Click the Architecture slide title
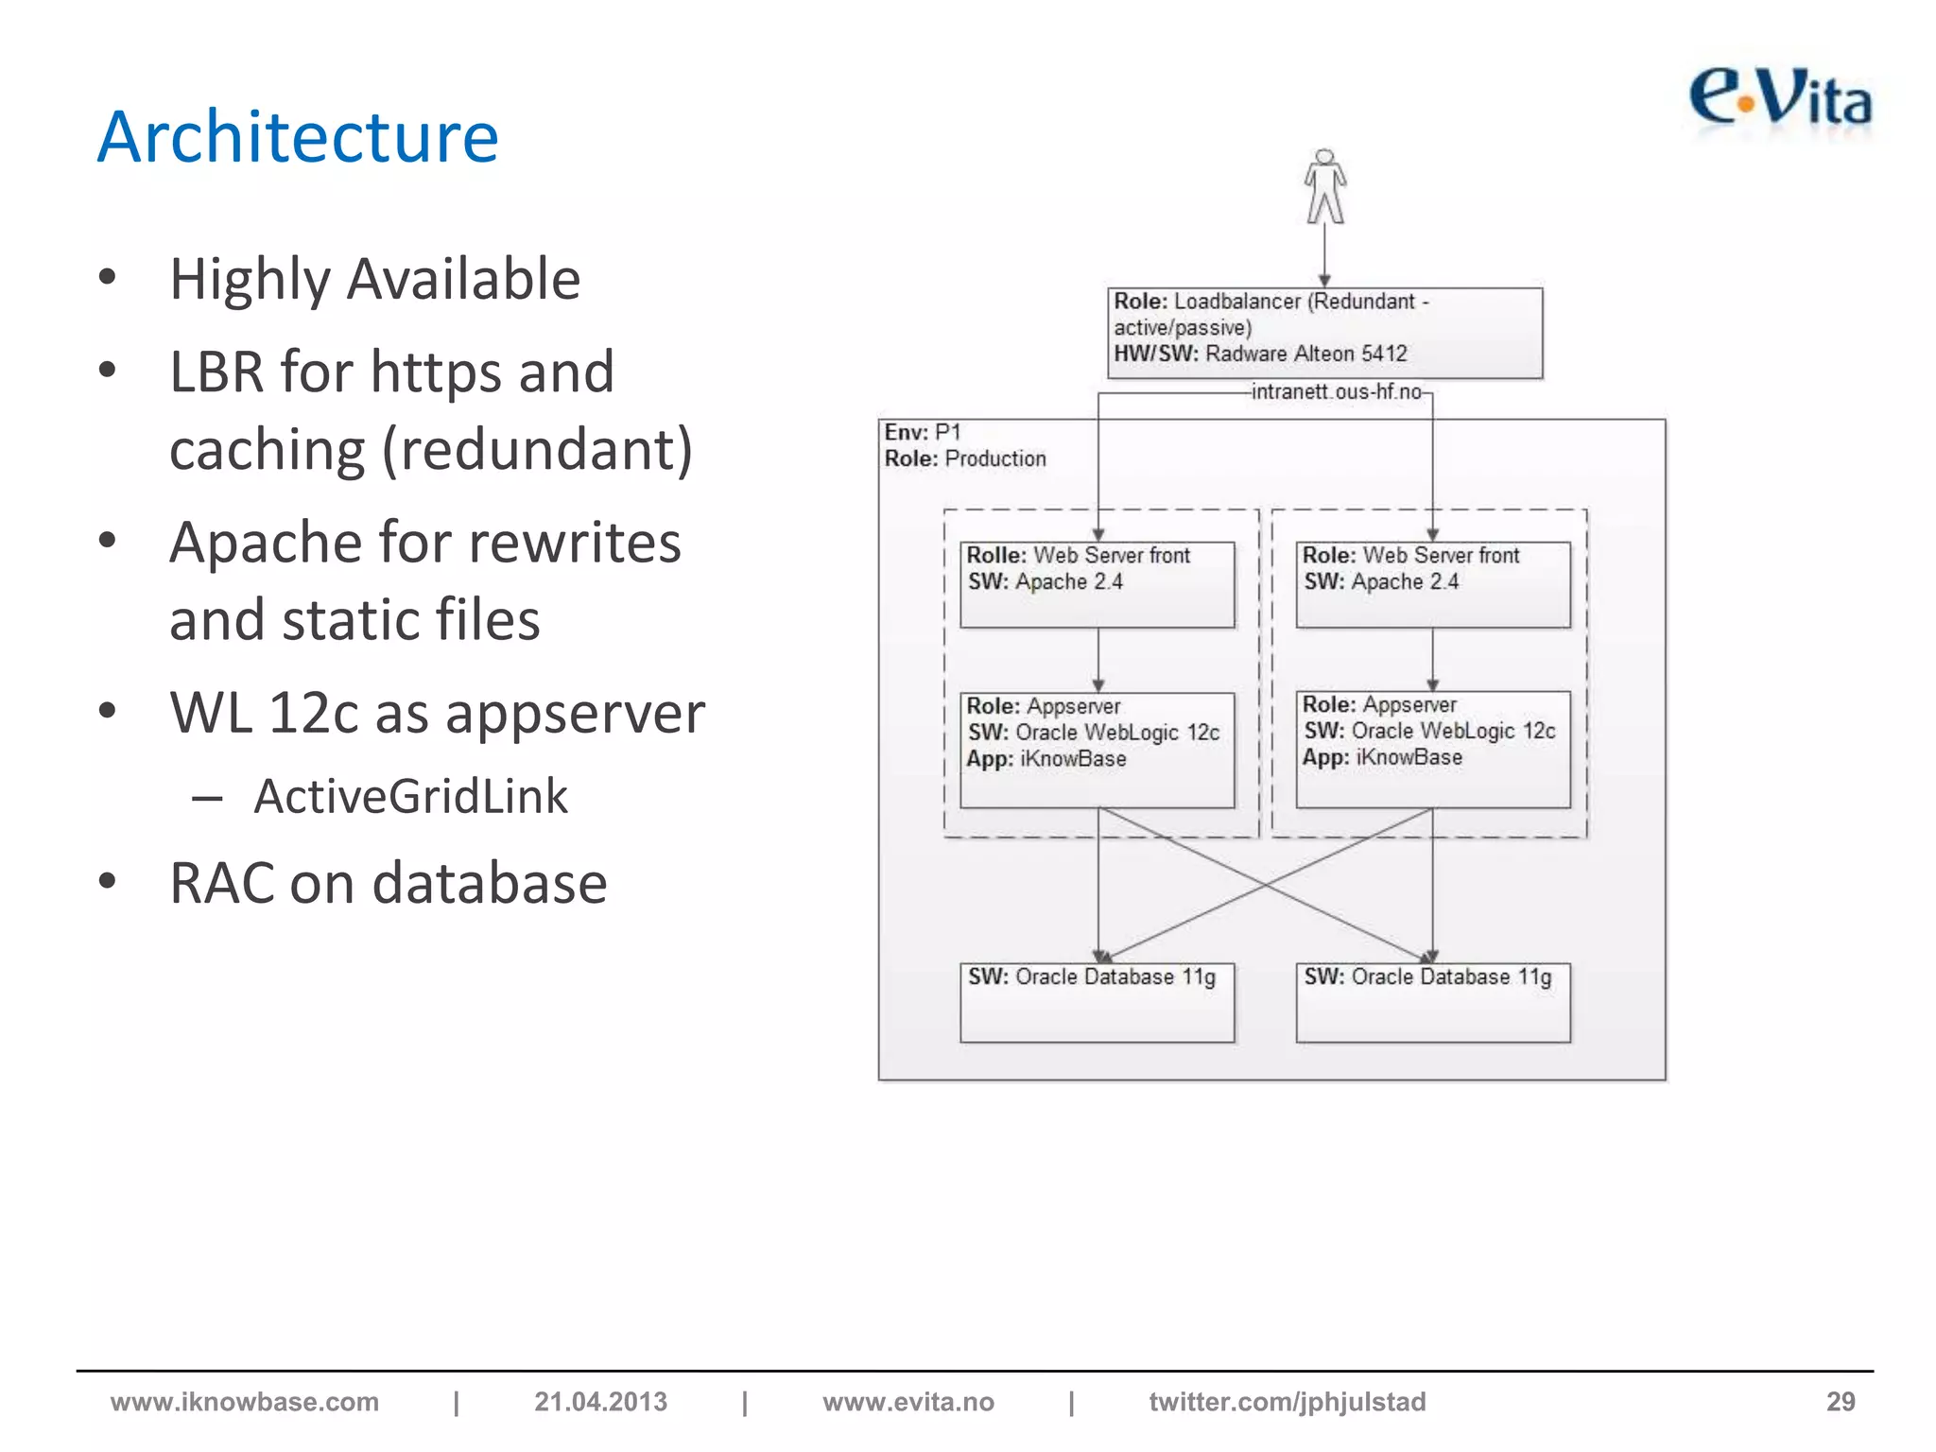pos(298,137)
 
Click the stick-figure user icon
pos(1325,186)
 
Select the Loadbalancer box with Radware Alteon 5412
pos(1324,333)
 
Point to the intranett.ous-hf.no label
pos(1336,391)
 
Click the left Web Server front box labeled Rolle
pos(1097,583)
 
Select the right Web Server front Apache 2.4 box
pos(1432,583)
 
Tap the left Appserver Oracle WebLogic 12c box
pos(1097,749)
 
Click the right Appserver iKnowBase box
pos(1432,749)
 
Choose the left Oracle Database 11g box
pos(1097,1001)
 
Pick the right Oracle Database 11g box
pos(1432,1001)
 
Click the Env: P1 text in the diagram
pos(923,432)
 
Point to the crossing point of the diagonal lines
pos(1266,885)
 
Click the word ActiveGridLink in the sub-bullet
pos(410,796)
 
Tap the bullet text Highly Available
pos(374,279)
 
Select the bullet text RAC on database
pos(388,883)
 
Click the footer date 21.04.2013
pos(600,1401)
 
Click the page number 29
pos(1840,1401)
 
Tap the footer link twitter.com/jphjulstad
pos(1287,1401)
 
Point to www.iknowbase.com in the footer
pos(245,1401)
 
